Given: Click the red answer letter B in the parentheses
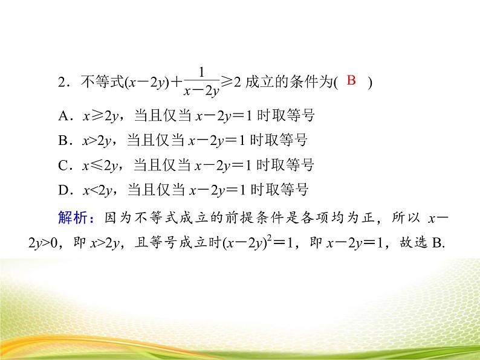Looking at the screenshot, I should tap(354, 80).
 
